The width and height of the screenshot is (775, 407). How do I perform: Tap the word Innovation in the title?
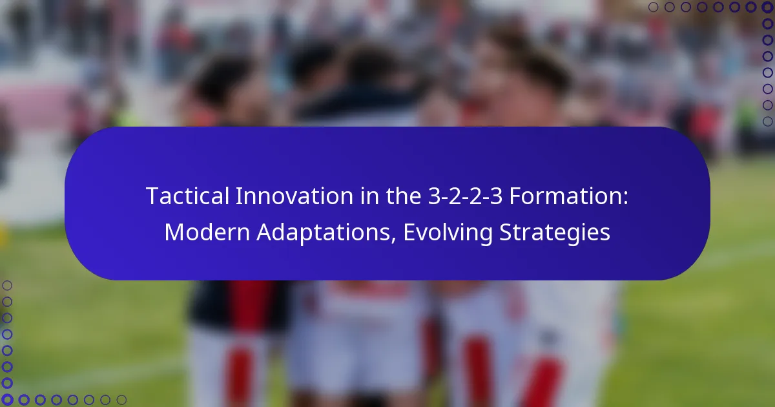pyautogui.click(x=282, y=196)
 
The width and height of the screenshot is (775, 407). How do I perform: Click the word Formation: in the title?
pyautogui.click(x=566, y=196)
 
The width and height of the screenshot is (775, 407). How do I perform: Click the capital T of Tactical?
pyautogui.click(x=152, y=196)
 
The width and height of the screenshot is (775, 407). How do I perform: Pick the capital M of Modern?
pyautogui.click(x=174, y=233)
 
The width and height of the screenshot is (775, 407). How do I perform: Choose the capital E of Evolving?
pyautogui.click(x=409, y=233)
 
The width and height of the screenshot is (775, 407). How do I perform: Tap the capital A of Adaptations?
pyautogui.click(x=265, y=233)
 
